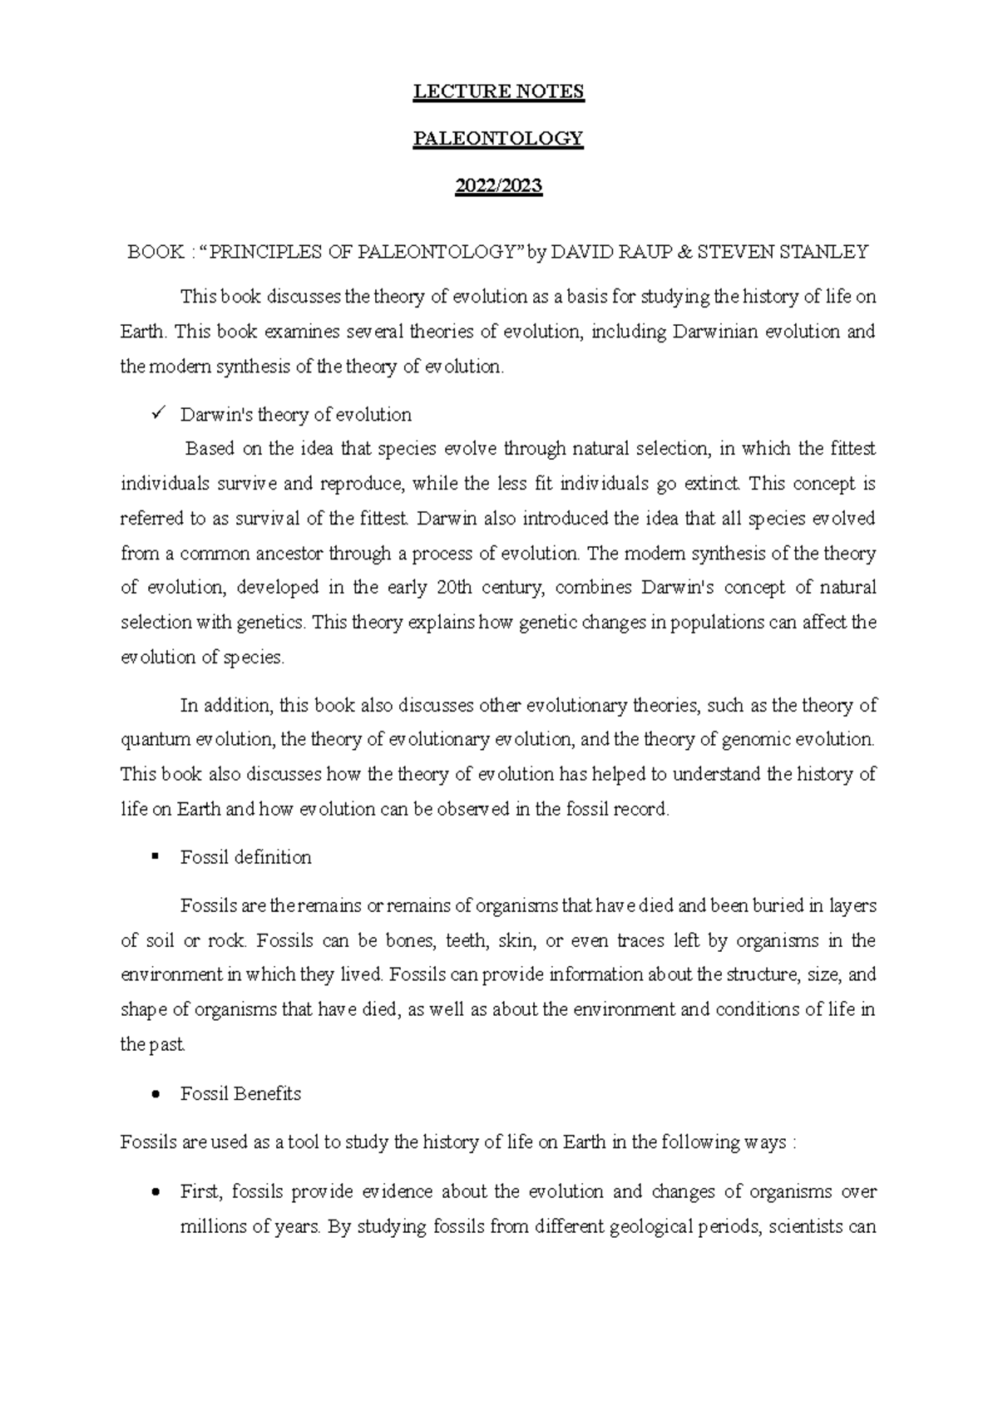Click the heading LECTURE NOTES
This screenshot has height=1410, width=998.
coord(499,91)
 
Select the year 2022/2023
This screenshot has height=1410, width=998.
coord(499,186)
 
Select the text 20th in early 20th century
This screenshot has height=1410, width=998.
coord(455,588)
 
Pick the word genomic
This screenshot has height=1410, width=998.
coord(755,739)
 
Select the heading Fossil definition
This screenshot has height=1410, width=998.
coord(246,857)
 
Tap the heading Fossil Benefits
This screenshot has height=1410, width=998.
coord(240,1094)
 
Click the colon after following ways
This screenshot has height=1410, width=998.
coord(794,1143)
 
